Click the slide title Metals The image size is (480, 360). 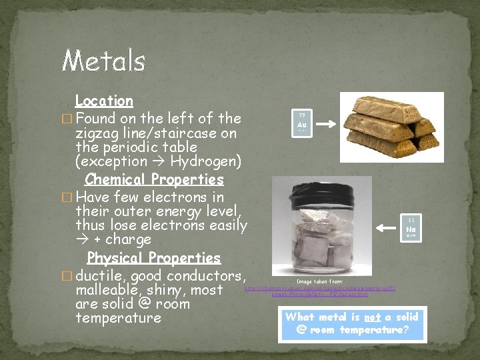point(103,61)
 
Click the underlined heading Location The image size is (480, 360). point(104,101)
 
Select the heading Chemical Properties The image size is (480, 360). point(154,179)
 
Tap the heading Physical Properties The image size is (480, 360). point(154,258)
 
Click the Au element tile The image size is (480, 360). point(301,122)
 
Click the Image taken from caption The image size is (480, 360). point(319,281)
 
